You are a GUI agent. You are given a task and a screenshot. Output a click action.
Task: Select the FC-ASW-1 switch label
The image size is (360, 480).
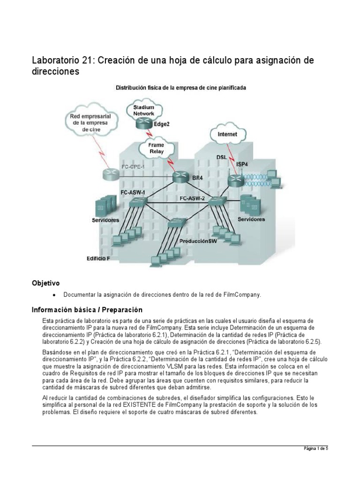click(x=133, y=193)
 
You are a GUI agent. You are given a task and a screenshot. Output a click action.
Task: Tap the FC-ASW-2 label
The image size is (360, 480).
click(x=192, y=199)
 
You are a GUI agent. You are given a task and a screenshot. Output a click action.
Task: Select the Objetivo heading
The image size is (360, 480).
click(x=45, y=283)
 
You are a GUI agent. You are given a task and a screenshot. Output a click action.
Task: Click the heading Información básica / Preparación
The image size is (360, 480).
click(x=87, y=310)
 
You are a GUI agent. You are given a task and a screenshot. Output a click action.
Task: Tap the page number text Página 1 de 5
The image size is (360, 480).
click(x=315, y=449)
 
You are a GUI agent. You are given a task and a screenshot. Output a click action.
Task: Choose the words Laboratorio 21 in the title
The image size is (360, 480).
click(x=59, y=60)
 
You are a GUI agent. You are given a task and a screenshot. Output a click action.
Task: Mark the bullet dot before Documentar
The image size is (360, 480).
click(x=54, y=295)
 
